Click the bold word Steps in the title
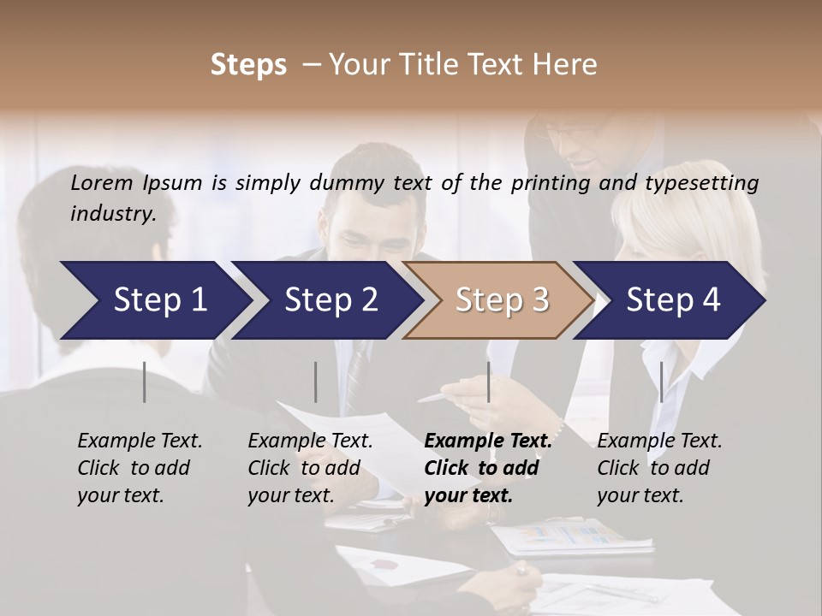pyautogui.click(x=248, y=65)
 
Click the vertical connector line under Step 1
pyautogui.click(x=145, y=382)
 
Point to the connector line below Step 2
pyautogui.click(x=316, y=382)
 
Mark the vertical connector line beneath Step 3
pyautogui.click(x=488, y=382)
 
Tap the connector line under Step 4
pyautogui.click(x=661, y=382)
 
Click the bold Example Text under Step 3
pyautogui.click(x=488, y=441)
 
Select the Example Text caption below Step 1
pyautogui.click(x=140, y=441)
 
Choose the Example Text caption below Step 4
pyautogui.click(x=659, y=441)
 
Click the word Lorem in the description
pyautogui.click(x=102, y=182)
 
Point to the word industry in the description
pyautogui.click(x=113, y=213)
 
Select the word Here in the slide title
pyautogui.click(x=566, y=65)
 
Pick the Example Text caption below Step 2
pyautogui.click(x=310, y=441)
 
